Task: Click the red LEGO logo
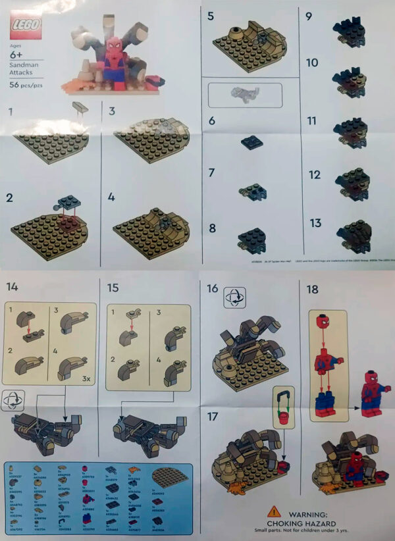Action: [x=25, y=26]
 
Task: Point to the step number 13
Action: [x=315, y=224]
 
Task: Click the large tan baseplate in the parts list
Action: [x=169, y=477]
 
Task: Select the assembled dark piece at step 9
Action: [x=346, y=26]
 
